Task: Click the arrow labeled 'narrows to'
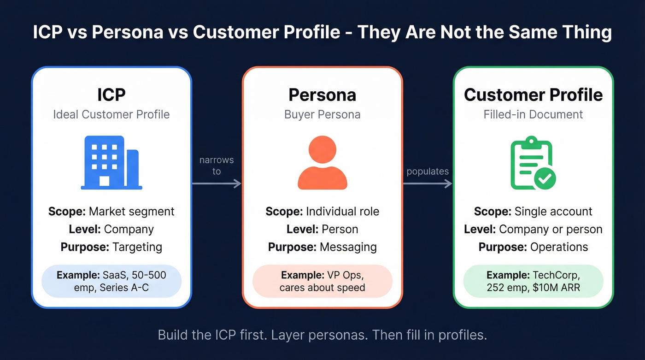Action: tap(217, 183)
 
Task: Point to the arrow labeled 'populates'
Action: tap(428, 183)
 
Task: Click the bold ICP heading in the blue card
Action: tap(111, 94)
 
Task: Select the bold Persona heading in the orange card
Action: tap(322, 94)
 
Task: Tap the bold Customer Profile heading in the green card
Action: tap(533, 94)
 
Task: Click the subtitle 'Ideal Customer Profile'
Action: tap(111, 114)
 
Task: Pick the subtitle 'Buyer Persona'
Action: tap(322, 114)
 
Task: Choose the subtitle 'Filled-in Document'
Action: tap(533, 114)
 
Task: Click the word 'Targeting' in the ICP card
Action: tap(137, 247)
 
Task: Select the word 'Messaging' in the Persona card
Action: tap(348, 247)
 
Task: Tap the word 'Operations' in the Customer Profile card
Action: tap(559, 247)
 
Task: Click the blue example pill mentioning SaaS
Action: tap(111, 281)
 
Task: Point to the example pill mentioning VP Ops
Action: tap(322, 281)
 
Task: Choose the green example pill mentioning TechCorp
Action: tap(533, 281)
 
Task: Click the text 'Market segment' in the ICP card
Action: tap(131, 212)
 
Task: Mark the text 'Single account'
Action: tap(553, 212)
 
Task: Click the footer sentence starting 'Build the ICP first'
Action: tap(322, 335)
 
